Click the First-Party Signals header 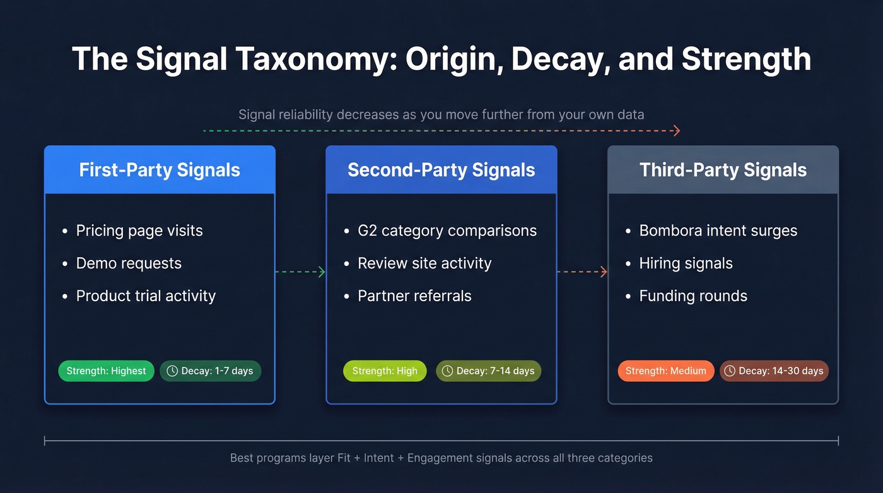tap(160, 170)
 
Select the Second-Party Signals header tap(441, 170)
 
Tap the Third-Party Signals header tap(723, 170)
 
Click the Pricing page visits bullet tap(139, 230)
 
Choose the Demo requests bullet tap(129, 263)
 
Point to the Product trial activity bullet tap(146, 296)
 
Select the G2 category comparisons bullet tap(447, 230)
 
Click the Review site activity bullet tap(424, 263)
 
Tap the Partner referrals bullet tap(414, 296)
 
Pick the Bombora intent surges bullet tap(718, 230)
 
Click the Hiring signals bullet tap(686, 263)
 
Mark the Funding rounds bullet tap(693, 296)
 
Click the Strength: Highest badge tap(106, 371)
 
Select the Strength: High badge tap(385, 371)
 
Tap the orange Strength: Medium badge tap(665, 371)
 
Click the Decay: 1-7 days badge tap(210, 371)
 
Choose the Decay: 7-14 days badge tap(488, 371)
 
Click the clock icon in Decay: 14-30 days tap(730, 371)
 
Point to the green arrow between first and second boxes tap(300, 272)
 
